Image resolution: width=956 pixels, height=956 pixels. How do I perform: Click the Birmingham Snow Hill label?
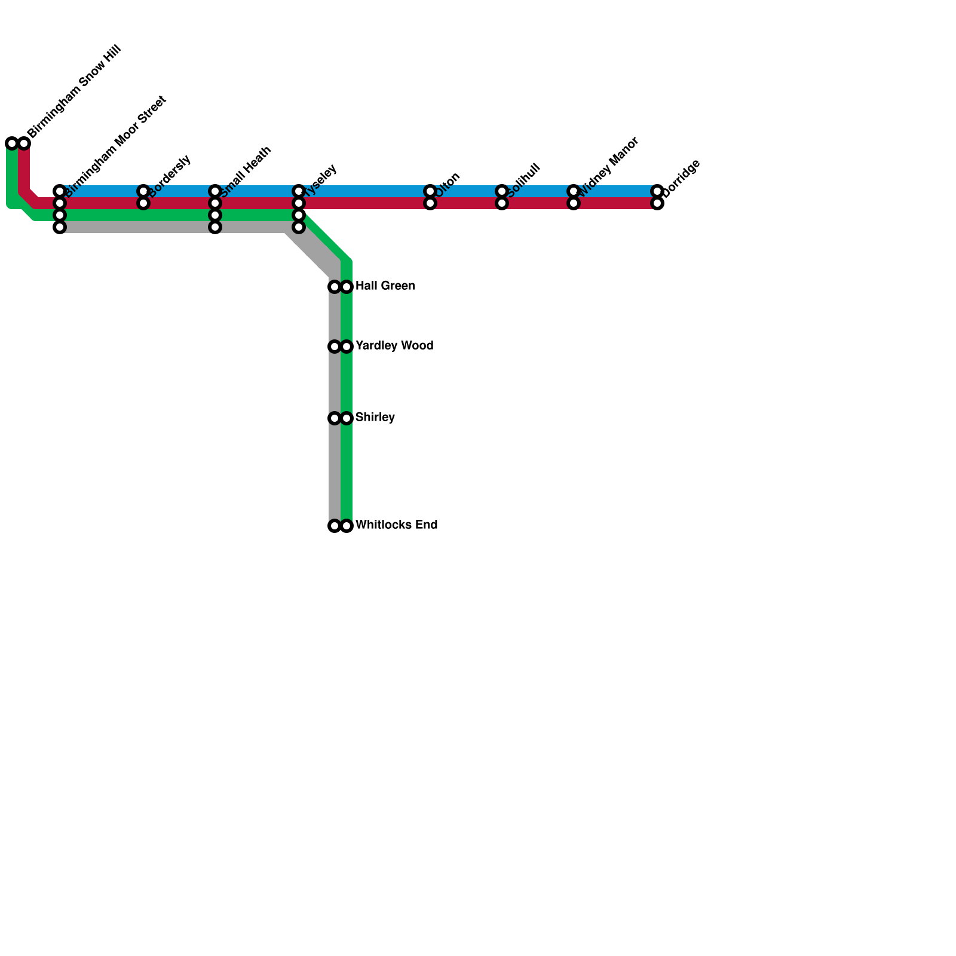point(75,92)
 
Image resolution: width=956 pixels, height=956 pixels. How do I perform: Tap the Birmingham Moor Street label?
point(115,146)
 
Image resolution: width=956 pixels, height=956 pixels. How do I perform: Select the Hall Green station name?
point(385,286)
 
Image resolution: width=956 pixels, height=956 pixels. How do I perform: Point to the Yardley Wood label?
point(394,346)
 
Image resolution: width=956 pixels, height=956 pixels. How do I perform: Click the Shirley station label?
point(375,418)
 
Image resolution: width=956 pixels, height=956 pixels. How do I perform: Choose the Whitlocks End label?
point(396,525)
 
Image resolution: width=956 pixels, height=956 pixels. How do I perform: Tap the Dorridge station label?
point(681,177)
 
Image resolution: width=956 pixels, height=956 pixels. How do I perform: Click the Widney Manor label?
point(609,167)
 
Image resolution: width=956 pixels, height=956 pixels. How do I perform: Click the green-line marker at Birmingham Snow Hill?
point(12,143)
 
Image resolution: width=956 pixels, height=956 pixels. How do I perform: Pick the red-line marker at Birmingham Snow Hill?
point(24,143)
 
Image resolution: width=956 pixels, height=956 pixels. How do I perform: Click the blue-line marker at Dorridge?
point(657,191)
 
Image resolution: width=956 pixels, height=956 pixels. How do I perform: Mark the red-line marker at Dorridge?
point(657,203)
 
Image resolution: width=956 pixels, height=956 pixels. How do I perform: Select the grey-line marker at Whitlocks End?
point(335,526)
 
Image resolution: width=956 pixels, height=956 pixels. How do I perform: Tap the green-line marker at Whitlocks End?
point(347,526)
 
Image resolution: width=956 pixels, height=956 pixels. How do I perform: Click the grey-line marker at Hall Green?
point(335,287)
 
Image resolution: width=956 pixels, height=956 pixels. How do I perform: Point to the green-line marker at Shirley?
point(347,418)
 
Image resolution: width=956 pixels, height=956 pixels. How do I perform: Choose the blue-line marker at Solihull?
point(502,191)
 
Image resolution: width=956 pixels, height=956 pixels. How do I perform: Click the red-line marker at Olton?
point(430,203)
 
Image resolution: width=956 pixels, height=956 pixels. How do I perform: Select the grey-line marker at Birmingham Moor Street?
point(60,227)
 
